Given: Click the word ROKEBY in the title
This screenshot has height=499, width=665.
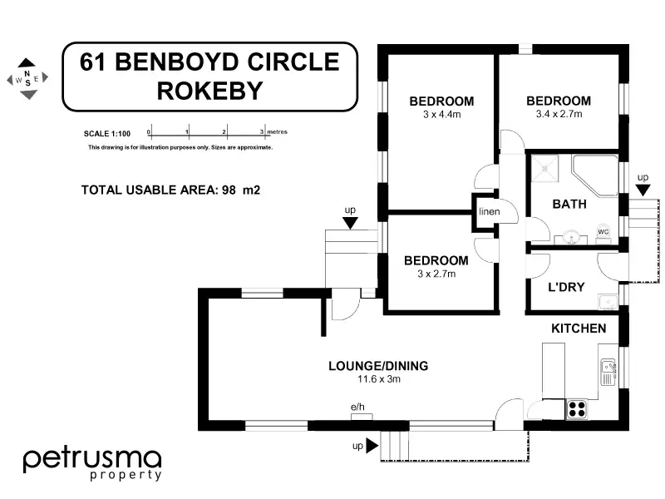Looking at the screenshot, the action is pos(209,91).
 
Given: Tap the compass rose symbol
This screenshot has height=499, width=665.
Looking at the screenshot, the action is pos(27,79).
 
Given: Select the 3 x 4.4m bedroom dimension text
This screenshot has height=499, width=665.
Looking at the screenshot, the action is pos(441,115).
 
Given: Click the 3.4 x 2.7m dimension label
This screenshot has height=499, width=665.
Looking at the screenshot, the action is pos(559,114).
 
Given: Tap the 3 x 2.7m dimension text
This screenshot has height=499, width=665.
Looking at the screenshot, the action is pos(436,274).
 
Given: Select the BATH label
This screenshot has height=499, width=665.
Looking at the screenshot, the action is pos(569,204).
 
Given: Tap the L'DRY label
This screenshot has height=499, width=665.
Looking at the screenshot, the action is pos(566,288).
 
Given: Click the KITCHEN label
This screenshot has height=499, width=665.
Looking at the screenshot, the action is pos(579,329).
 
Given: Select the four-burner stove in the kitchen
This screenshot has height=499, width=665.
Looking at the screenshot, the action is pos(576,408).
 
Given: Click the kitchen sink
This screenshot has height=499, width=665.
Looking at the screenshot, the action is pos(608,372).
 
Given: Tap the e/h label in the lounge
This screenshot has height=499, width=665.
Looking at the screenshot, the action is pos(358,406).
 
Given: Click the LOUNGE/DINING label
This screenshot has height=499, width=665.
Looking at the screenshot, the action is pos(378,365).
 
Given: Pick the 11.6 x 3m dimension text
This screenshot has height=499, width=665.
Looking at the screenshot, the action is pos(379,379).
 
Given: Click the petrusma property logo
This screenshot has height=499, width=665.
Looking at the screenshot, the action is pos(91,462).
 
